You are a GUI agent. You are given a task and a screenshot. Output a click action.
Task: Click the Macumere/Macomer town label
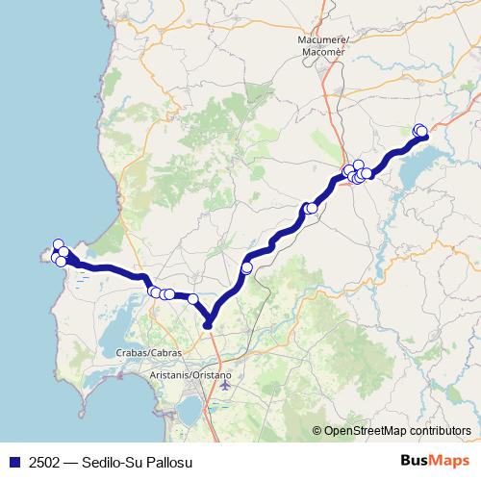tap(321, 44)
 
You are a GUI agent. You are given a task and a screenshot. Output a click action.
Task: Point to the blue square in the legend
tap(14, 463)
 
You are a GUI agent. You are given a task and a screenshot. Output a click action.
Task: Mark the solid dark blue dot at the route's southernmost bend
tap(208, 326)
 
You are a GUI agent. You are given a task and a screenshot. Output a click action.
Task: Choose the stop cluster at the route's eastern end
tap(419, 131)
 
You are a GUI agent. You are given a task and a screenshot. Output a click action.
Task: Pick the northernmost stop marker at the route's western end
tap(58, 244)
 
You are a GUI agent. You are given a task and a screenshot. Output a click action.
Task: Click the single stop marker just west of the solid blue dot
tap(192, 299)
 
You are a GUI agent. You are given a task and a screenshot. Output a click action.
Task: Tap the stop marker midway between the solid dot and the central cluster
tap(247, 267)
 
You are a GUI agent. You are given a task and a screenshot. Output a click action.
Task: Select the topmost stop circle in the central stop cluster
tap(359, 165)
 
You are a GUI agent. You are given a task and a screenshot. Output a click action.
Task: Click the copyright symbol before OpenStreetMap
tap(316, 431)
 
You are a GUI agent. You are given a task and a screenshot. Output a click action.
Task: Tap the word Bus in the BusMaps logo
tap(415, 462)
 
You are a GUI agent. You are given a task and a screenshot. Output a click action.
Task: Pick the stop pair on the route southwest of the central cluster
tap(311, 208)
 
